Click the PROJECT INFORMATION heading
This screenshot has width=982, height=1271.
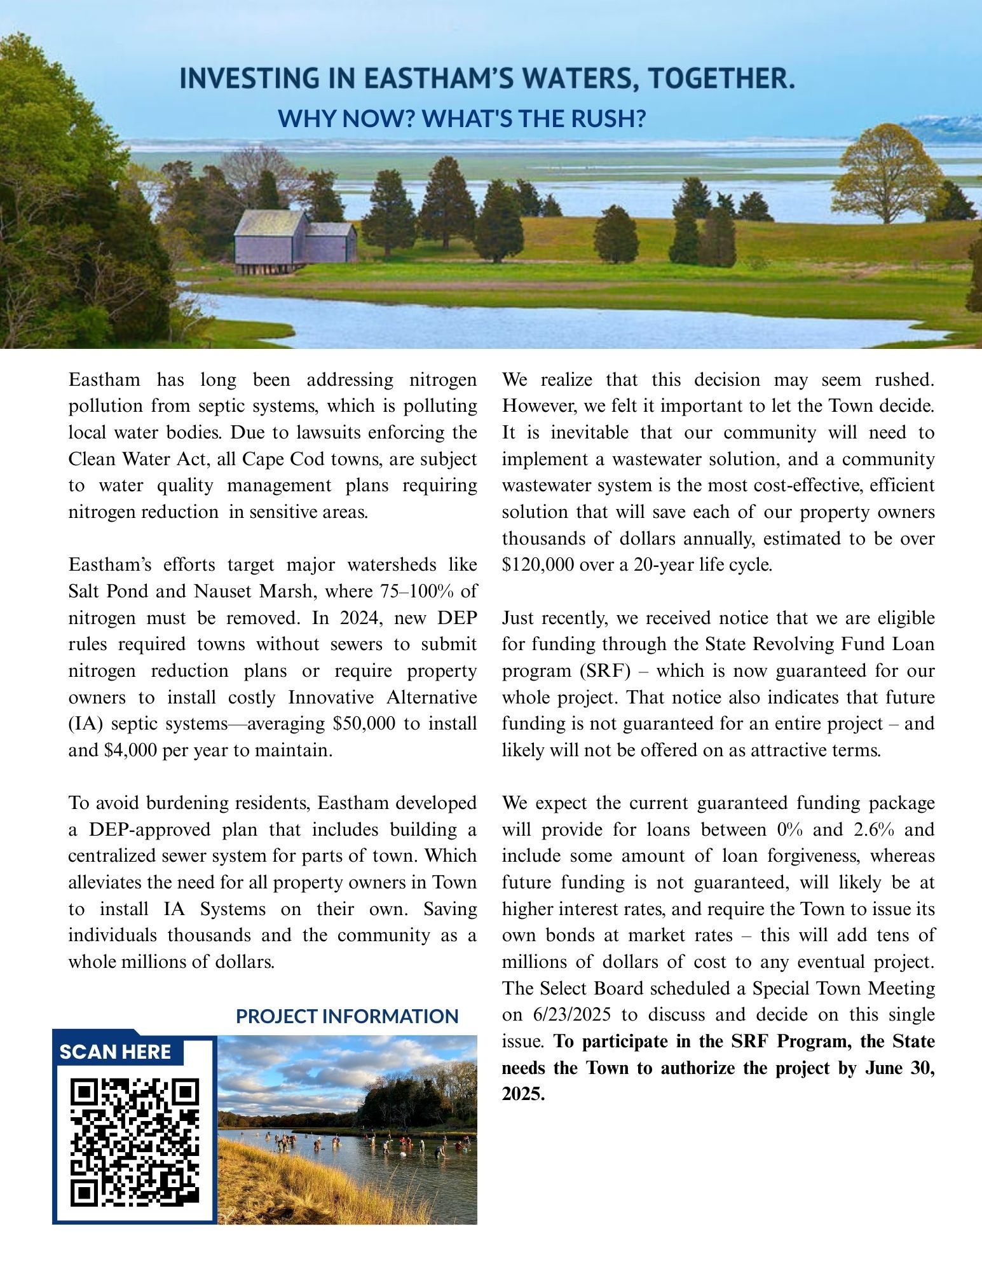click(347, 1016)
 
